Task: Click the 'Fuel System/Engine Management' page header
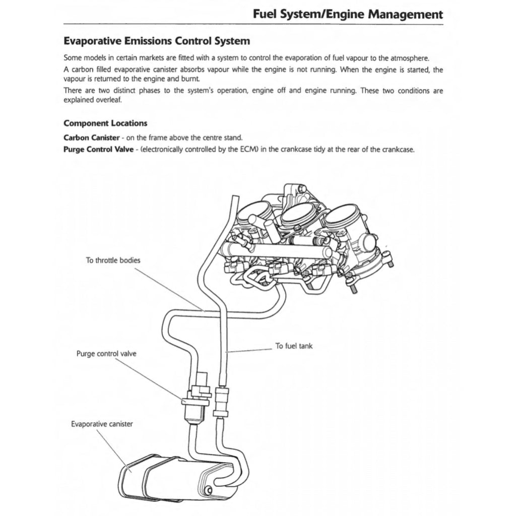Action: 348,14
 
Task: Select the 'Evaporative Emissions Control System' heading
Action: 157,40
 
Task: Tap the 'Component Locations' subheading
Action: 105,123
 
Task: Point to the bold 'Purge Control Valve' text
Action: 99,150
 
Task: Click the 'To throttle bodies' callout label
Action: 113,261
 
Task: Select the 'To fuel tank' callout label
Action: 294,346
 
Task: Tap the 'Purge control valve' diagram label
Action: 106,354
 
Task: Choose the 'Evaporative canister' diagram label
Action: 102,424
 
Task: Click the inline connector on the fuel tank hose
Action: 222,401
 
